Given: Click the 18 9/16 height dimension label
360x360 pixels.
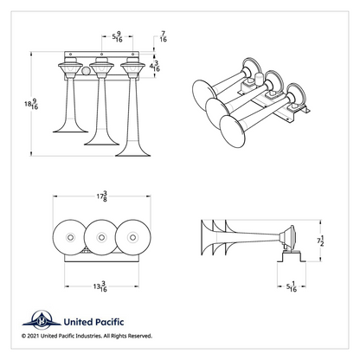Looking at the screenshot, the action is (x=31, y=104).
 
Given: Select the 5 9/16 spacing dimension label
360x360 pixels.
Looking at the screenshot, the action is (x=117, y=37).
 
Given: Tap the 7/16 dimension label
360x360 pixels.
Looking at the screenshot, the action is (x=164, y=36).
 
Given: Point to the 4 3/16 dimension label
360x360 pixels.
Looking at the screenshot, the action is (x=155, y=66).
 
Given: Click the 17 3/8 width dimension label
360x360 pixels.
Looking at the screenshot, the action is (x=102, y=196).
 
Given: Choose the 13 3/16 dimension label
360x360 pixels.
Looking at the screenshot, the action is (x=100, y=286).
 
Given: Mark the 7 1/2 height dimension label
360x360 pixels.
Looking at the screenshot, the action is (x=320, y=241).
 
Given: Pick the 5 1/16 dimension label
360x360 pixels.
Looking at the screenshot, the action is (x=292, y=286).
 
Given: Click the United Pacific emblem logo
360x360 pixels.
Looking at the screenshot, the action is (x=42, y=320).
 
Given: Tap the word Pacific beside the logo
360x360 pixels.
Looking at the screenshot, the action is (x=110, y=322).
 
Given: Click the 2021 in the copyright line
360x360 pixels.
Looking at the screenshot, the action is (x=33, y=336).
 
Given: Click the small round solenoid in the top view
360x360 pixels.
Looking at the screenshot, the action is (x=86, y=71).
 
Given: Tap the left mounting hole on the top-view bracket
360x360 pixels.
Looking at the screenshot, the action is (x=70, y=54).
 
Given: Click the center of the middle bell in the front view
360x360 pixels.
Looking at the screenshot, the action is (x=101, y=237).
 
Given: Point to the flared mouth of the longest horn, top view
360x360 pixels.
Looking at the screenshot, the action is (x=132, y=152).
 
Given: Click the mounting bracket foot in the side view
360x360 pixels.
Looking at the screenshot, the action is (x=292, y=257).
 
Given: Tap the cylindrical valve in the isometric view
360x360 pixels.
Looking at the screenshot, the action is (x=259, y=80).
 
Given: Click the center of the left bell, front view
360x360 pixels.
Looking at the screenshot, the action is (x=70, y=237).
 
